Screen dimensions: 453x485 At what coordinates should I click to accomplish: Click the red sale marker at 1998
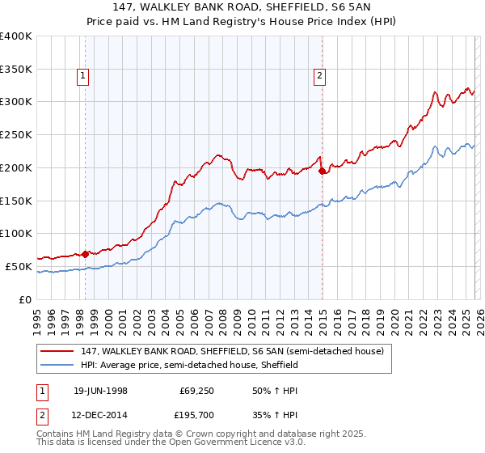(x=86, y=253)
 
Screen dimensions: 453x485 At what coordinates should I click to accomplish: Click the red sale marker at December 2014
(x=322, y=171)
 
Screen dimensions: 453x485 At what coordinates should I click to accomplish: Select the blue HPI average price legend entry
(x=189, y=365)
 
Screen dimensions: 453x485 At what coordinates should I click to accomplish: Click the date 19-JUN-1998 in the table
(x=100, y=391)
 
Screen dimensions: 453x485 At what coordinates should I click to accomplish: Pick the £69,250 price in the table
(x=197, y=391)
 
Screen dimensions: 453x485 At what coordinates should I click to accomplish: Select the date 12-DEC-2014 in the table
(x=100, y=417)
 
